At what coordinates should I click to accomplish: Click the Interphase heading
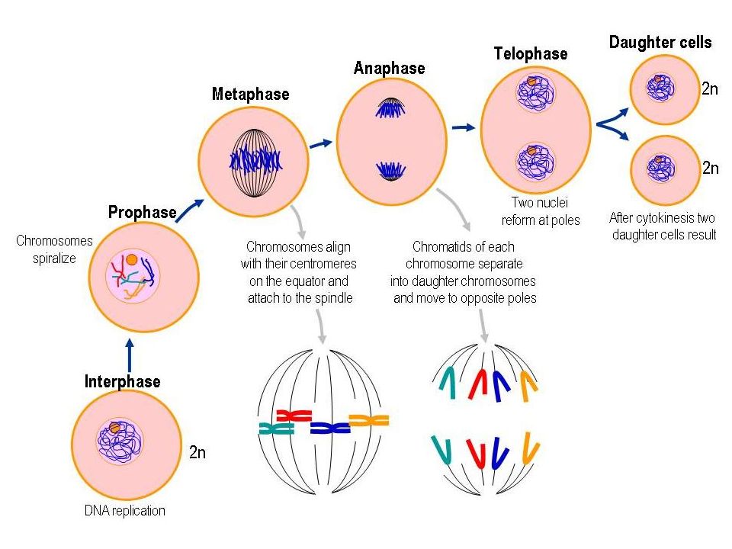tap(122, 381)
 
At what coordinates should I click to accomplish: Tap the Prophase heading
tap(143, 213)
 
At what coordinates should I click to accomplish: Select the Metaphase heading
tap(251, 94)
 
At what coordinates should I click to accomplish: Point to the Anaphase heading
tap(390, 68)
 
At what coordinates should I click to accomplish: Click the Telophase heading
tap(531, 53)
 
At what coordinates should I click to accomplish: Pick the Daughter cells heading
tap(660, 43)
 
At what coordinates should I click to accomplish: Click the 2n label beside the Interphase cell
tap(197, 452)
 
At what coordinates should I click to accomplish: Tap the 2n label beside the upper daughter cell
tap(710, 88)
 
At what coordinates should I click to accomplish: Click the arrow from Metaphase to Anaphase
tap(321, 144)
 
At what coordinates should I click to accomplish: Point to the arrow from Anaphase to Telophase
tap(463, 127)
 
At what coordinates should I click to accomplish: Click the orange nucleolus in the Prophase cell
tap(132, 259)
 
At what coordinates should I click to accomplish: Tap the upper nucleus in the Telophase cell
tap(535, 92)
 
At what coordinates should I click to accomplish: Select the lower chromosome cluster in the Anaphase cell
tap(390, 171)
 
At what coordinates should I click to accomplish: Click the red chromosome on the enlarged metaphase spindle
tap(294, 415)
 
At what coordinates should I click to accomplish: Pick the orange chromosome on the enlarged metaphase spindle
tap(369, 420)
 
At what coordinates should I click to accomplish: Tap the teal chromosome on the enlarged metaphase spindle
tap(276, 428)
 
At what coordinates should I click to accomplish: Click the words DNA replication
tap(124, 511)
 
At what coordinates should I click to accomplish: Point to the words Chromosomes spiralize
tap(54, 249)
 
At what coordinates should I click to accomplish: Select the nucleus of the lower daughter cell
tap(661, 168)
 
